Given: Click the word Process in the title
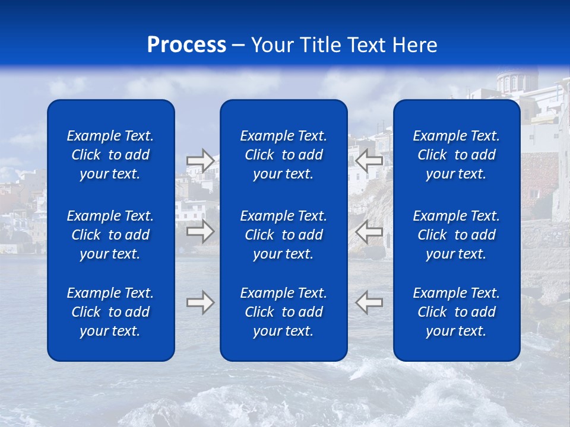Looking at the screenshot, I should (x=186, y=45).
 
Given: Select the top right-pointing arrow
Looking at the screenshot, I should (x=201, y=161).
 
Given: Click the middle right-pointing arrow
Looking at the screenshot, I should (x=201, y=231).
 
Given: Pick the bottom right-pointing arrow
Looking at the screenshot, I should (x=201, y=302).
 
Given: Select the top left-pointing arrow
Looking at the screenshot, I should (x=369, y=161).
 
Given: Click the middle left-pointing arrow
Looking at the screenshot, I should (x=369, y=231).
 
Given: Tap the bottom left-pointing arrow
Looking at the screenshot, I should (x=369, y=302).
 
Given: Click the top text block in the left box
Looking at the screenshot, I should (x=110, y=155).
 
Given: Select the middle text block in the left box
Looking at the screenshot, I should (x=110, y=235).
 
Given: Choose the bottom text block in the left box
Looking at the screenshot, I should (x=110, y=312).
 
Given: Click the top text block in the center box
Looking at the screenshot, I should (x=284, y=155).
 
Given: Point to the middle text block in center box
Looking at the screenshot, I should (x=284, y=235).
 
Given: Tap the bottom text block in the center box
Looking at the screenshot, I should (x=284, y=312).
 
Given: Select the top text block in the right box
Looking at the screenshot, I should (x=457, y=155).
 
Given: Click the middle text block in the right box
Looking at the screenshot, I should (x=457, y=235).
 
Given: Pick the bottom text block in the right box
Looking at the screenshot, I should (x=457, y=312).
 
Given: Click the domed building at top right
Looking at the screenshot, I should (x=515, y=81).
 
